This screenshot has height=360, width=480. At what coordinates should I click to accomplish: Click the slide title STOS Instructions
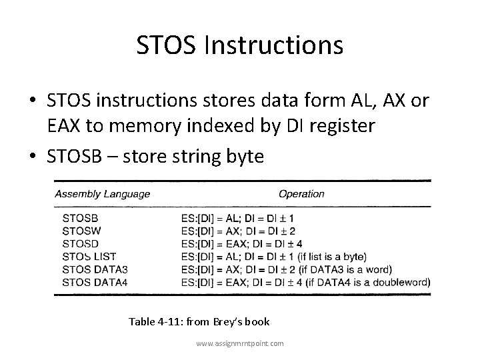click(240, 45)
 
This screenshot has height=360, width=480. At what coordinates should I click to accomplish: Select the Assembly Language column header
click(102, 194)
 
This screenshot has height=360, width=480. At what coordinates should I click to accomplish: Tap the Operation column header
click(301, 194)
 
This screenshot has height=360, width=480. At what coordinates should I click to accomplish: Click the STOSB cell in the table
click(80, 217)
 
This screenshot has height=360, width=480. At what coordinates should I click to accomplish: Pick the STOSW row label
click(81, 230)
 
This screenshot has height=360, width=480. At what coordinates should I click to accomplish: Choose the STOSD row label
click(81, 243)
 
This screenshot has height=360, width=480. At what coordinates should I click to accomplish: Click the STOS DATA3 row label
click(95, 269)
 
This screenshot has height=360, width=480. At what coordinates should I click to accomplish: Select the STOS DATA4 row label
click(95, 282)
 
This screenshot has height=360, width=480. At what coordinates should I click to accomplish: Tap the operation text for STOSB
click(237, 217)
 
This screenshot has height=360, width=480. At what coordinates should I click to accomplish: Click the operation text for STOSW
click(238, 230)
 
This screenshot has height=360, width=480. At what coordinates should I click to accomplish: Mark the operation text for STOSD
click(241, 243)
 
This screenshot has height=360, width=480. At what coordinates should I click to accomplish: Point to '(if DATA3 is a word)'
click(347, 269)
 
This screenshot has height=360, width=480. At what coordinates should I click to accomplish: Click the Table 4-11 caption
click(199, 322)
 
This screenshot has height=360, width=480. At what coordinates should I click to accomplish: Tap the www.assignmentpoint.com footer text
click(239, 343)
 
